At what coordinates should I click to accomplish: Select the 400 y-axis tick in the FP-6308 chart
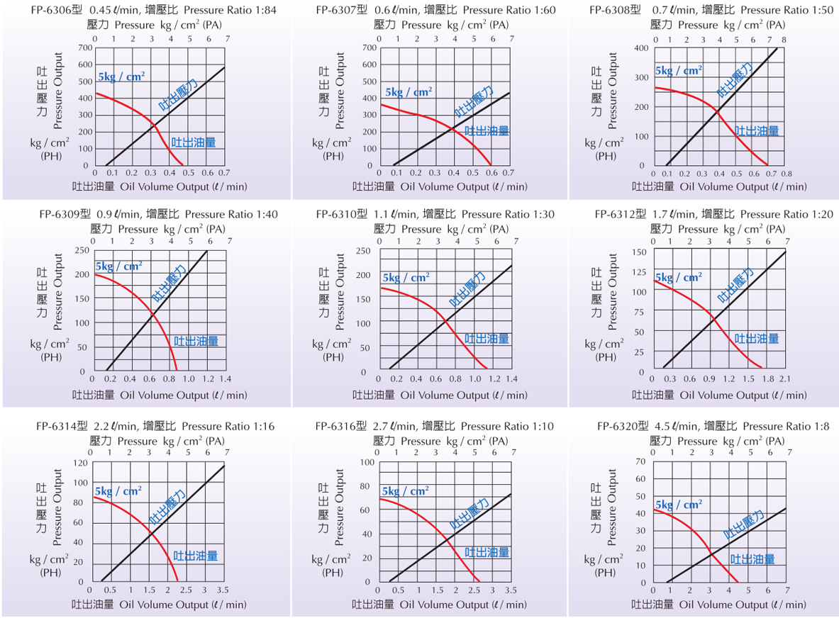[640, 48]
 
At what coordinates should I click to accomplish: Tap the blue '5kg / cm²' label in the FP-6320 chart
[679, 505]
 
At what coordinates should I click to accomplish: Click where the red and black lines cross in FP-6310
[445, 322]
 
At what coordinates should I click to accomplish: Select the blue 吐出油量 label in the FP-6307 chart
[487, 131]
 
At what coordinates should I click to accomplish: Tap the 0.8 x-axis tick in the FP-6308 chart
[786, 174]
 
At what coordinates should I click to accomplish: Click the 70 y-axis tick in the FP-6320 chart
[640, 461]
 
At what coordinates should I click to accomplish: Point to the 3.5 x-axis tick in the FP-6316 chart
[510, 591]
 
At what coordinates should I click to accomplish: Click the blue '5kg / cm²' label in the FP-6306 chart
[121, 76]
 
